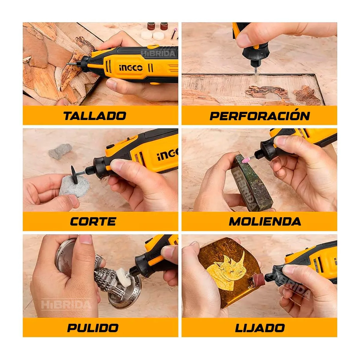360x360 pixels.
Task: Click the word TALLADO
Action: coord(94,116)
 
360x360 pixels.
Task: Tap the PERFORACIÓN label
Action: coord(259,116)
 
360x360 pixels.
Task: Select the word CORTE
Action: coord(93,222)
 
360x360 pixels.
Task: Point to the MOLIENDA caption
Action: coord(265,222)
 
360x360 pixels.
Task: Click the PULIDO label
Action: coord(93,328)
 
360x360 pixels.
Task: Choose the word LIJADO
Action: coord(260,328)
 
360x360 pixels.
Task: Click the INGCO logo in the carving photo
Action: coord(131,68)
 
